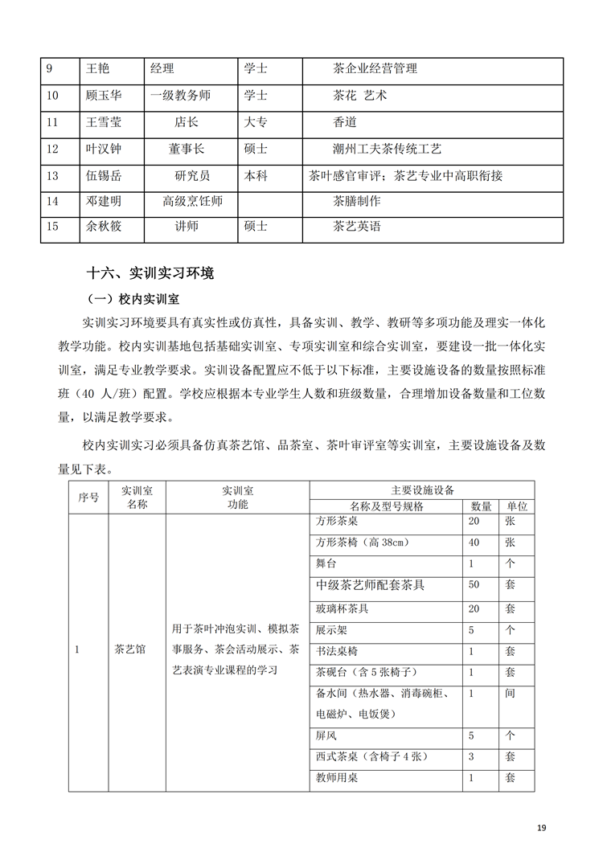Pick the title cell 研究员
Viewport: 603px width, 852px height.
[x=192, y=175]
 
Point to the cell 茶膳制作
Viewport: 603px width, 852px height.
[x=356, y=201]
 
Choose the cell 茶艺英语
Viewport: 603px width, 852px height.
[x=356, y=227]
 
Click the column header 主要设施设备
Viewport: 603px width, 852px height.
[x=423, y=489]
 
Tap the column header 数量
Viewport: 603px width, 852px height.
[x=481, y=506]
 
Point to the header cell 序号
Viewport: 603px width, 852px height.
[x=88, y=498]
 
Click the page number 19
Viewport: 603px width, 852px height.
[x=542, y=828]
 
